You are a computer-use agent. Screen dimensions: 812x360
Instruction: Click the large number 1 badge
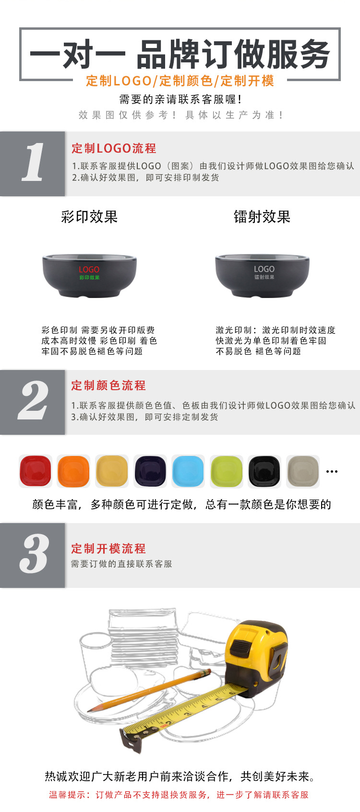pos(33,163)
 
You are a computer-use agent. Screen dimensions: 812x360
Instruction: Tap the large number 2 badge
pos(33,402)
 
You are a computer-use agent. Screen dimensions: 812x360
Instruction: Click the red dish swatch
pos(36,471)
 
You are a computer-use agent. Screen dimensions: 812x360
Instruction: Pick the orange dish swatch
pos(73,471)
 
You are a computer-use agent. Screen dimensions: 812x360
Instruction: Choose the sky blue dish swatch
pos(188,471)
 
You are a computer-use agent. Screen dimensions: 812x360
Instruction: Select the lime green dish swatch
pos(227,471)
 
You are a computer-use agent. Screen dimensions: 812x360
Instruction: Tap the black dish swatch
pos(264,471)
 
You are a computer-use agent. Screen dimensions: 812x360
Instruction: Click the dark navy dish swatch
pos(150,471)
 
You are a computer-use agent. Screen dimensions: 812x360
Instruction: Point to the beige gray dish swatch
pos(303,471)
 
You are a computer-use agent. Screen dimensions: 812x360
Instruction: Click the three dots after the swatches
pos(332,471)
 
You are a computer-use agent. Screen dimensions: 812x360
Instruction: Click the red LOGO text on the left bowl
pos(89,270)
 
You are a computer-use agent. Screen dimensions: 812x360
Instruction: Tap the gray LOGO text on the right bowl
pos(264,269)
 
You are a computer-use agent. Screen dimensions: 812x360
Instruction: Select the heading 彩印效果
pos(89,217)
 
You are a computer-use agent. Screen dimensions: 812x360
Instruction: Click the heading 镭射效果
pos(262,217)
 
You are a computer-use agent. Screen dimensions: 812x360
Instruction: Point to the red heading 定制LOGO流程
pos(114,148)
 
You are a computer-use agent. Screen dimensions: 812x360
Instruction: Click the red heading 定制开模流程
pos(108,549)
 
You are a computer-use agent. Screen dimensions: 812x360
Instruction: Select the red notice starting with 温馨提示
pos(179,795)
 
